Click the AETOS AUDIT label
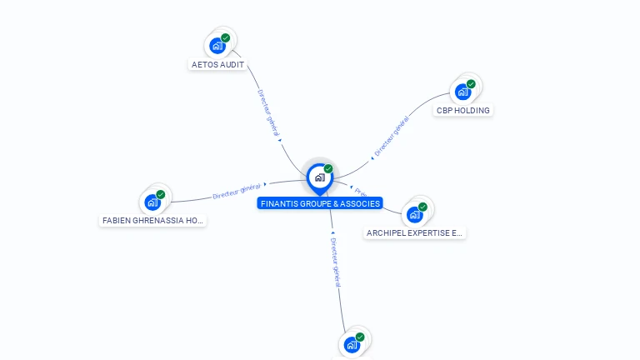tap(217, 64)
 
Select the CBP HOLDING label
tap(463, 110)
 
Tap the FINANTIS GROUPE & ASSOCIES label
tap(320, 203)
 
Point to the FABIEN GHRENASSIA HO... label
tap(152, 221)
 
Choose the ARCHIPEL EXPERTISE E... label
tap(414, 233)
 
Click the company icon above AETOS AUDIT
tap(217, 45)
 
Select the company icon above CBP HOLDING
tap(462, 92)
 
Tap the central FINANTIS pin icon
tap(319, 177)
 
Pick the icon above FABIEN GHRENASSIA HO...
tap(152, 202)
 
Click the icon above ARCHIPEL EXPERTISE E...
tap(414, 214)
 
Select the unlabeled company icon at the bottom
tap(352, 344)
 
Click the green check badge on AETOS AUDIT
tap(225, 37)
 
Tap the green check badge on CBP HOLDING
tap(471, 84)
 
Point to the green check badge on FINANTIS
tap(328, 168)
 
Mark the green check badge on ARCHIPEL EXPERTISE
tap(422, 207)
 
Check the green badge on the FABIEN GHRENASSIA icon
tap(161, 194)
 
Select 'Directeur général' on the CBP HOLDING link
tap(391, 137)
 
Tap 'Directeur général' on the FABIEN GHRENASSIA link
tap(237, 191)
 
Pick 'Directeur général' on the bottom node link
tap(335, 262)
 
